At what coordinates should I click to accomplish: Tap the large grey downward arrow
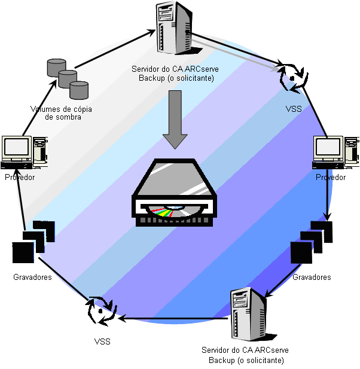click(175, 119)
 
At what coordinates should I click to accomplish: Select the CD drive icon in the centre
click(175, 193)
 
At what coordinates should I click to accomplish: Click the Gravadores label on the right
click(312, 277)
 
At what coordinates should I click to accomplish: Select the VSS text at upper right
click(294, 109)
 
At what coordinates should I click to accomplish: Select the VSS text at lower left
click(102, 341)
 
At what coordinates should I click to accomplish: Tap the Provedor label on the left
click(20, 178)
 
